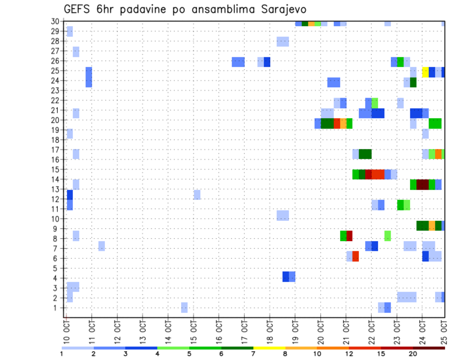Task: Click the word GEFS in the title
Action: [78, 9]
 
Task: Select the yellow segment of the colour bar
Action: [269, 348]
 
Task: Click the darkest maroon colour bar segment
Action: [429, 348]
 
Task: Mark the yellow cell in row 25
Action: [425, 72]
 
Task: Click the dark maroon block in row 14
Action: [422, 184]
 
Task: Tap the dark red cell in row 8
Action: [349, 236]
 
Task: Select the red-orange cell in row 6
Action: [356, 256]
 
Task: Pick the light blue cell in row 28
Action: [283, 41]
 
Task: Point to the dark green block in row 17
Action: [365, 154]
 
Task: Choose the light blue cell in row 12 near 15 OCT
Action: [197, 195]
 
